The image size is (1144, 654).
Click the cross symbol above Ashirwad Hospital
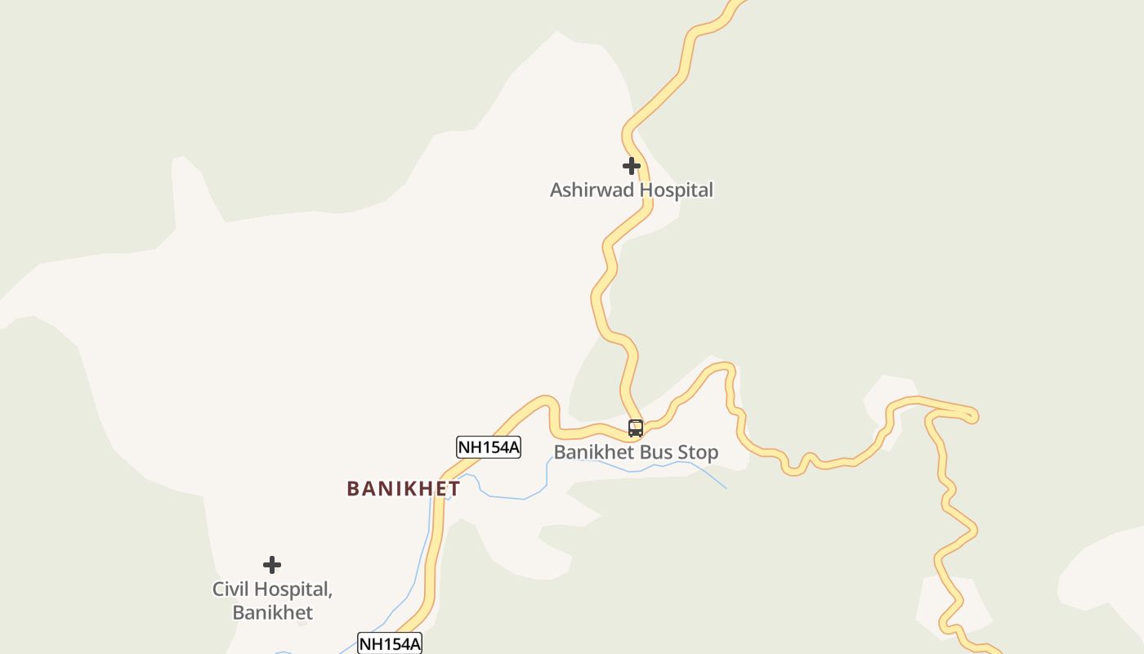pos(631,166)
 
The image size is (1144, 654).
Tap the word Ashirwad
pos(592,190)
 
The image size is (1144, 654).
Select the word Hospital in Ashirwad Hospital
pos(676,190)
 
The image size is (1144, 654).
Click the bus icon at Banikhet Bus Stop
pos(635,428)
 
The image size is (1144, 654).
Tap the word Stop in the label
pos(696,452)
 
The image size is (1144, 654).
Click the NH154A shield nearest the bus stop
pos(488,447)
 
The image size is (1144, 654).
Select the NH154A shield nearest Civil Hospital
pos(390,643)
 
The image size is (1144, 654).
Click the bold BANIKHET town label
pos(403,489)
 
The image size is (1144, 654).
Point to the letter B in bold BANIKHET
pos(353,489)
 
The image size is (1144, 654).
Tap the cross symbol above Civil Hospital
pos(272,565)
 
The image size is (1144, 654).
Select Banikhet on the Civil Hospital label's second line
pos(272,612)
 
